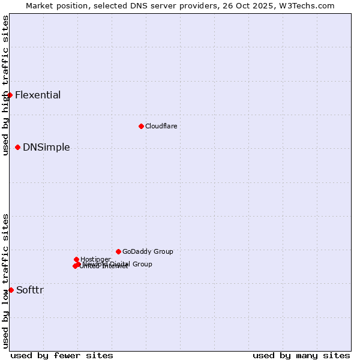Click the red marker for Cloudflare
click(x=141, y=126)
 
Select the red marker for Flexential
click(x=10, y=95)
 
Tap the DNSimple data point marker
click(x=17, y=147)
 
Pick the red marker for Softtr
click(x=11, y=290)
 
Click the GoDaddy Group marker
click(x=118, y=251)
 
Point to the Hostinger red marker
click(x=76, y=259)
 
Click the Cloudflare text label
click(x=161, y=126)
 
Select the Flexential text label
click(x=38, y=95)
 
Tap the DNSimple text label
click(x=46, y=147)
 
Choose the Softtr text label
click(x=30, y=290)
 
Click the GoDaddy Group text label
click(x=148, y=251)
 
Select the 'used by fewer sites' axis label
click(x=62, y=355)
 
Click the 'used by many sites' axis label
click(x=301, y=355)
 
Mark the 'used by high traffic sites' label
click(x=5, y=85)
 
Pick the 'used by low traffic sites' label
click(x=5, y=281)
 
